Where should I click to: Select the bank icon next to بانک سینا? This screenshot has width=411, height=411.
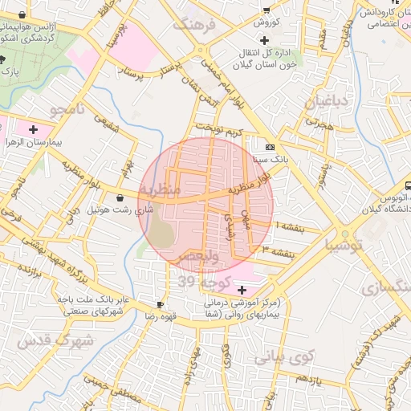(x=269, y=147)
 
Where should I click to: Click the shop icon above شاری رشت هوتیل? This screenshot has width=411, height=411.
(x=120, y=197)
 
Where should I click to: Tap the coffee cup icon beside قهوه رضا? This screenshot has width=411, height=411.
(x=159, y=304)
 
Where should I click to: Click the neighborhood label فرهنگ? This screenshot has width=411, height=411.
(x=199, y=24)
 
